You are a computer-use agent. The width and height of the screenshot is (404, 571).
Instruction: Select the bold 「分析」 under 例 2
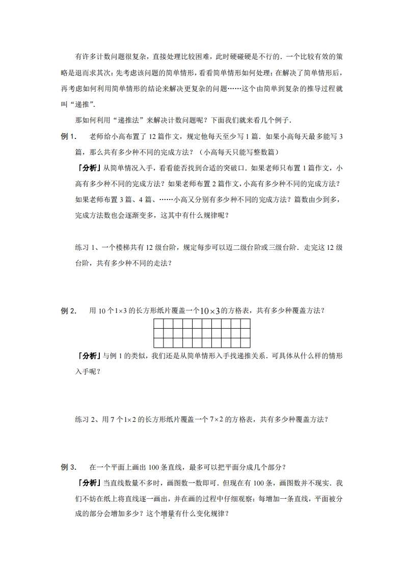coord(88,356)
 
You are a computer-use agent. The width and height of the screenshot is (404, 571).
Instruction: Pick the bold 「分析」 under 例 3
coord(88,483)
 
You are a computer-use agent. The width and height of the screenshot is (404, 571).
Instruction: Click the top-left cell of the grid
coord(158,324)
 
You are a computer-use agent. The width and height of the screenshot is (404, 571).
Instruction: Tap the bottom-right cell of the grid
coord(245,344)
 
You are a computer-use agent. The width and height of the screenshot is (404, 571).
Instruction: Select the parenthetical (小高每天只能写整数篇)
coord(238,152)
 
